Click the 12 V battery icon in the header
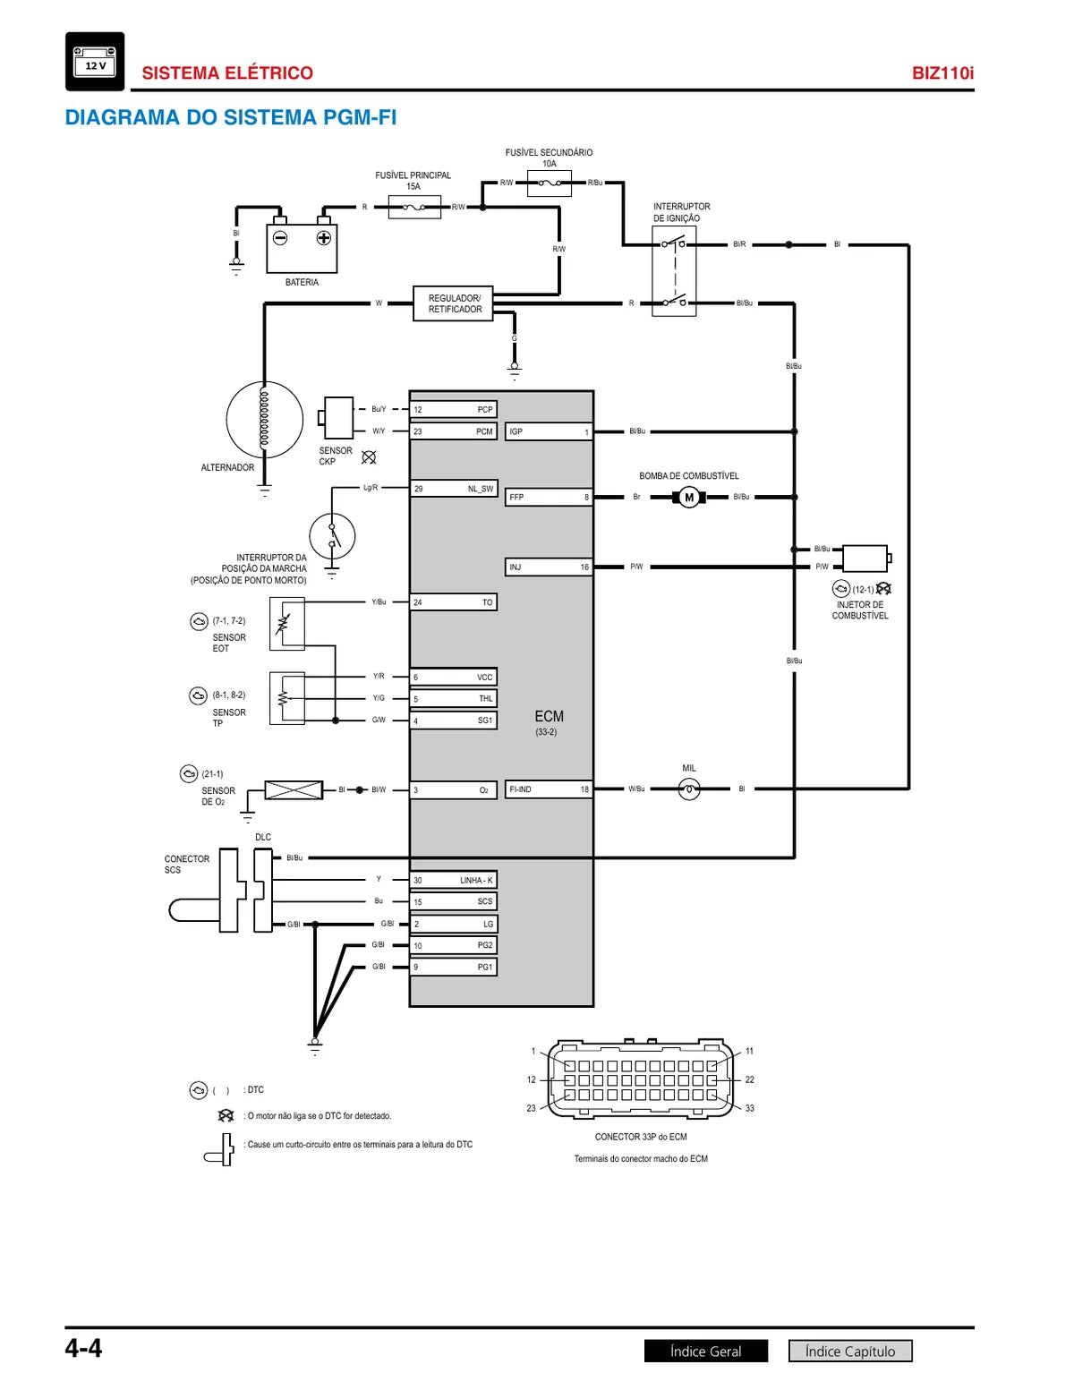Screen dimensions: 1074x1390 pos(95,62)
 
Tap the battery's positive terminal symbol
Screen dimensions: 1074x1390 pos(324,238)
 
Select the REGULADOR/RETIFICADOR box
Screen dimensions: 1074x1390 pos(453,303)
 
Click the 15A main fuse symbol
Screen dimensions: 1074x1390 pos(414,208)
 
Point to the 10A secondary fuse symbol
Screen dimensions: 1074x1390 pos(549,183)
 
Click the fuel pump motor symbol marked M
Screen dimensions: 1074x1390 pos(689,497)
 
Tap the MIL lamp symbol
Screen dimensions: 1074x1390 pos(689,789)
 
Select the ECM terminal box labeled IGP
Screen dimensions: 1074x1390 pos(549,431)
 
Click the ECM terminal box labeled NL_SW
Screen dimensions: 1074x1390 pos(454,489)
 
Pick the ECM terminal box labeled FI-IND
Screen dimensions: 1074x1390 pos(549,789)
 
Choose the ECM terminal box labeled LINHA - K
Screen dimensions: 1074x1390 pos(454,880)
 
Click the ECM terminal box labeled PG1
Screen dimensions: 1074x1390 pos(454,967)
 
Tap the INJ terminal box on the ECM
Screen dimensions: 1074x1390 pos(549,567)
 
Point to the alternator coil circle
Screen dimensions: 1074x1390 pos(265,420)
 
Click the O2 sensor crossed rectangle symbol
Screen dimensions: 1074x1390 pos(294,790)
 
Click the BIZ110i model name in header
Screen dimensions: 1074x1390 pos(942,72)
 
